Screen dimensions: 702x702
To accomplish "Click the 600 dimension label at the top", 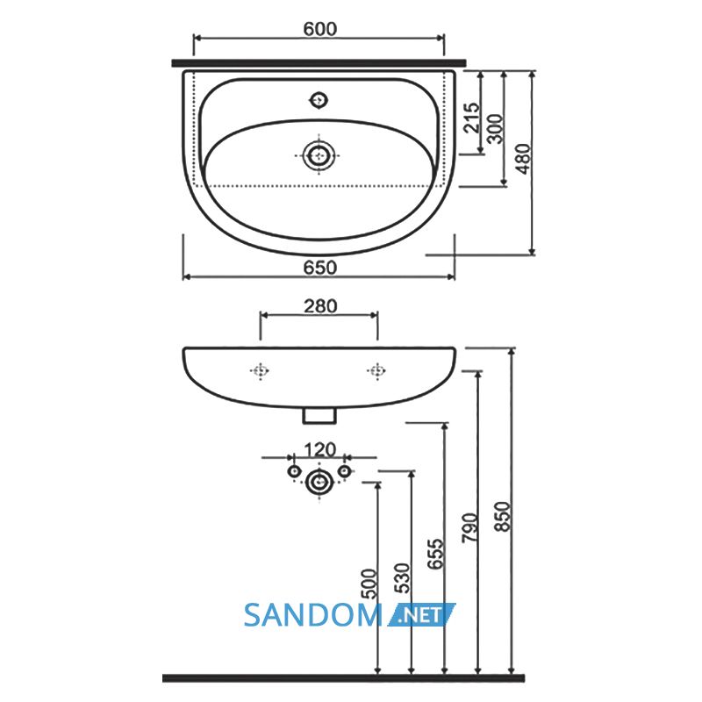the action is pos(319,29).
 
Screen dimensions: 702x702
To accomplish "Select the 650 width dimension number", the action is pos(319,268).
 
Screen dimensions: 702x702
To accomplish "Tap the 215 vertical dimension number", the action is pos(471,118).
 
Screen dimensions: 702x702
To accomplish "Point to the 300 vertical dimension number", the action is pos(495,129).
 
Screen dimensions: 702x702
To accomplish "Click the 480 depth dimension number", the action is pos(523,159).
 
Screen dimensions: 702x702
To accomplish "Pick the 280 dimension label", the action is pos(320,306).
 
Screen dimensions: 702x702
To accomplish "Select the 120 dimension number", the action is pos(319,449).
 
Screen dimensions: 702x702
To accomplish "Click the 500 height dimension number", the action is pos(369,584).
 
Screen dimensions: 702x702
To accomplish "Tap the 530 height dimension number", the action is pos(402,578).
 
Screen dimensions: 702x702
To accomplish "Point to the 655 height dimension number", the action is pos(435,554).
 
